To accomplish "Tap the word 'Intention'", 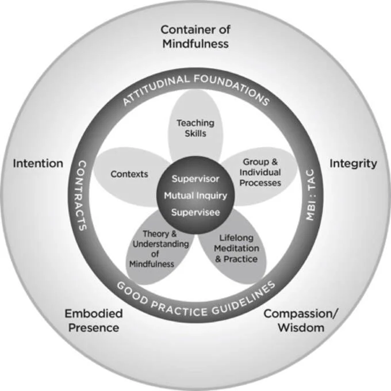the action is (38, 163).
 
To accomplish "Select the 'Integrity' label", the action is (353, 163).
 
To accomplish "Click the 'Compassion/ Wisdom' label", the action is (301, 321).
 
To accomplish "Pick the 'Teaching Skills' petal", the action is (195, 128).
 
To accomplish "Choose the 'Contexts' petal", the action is (129, 174).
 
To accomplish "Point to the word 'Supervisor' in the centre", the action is (195, 179).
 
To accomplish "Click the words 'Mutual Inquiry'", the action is (195, 195).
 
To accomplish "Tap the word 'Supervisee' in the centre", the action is (195, 212).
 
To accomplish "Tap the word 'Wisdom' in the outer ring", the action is (301, 328).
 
